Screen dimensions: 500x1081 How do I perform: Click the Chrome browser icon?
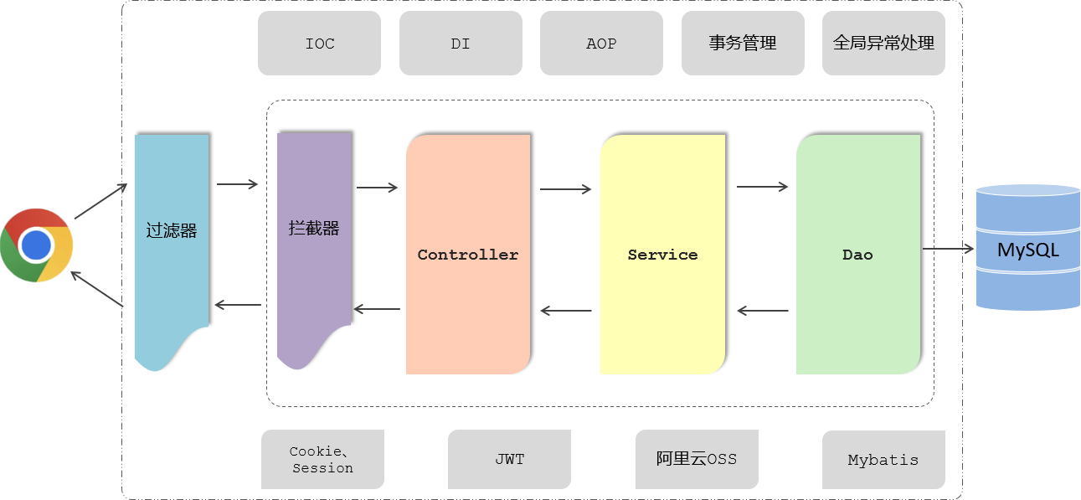tap(36, 245)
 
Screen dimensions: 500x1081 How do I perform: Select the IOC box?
tap(319, 44)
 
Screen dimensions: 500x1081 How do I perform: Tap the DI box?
tap(461, 44)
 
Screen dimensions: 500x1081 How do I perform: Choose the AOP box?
tap(601, 44)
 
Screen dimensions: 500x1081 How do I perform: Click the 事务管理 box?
tap(742, 44)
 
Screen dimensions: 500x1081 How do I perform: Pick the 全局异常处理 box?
tap(883, 44)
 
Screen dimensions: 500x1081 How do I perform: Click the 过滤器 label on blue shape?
tap(172, 230)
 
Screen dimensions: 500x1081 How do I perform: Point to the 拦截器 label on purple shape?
tap(314, 228)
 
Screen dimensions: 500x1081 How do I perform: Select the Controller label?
tap(468, 255)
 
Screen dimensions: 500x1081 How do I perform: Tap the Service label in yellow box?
tap(662, 255)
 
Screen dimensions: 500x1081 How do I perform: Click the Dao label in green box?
tap(857, 255)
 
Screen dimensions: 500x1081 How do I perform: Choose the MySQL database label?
tap(1027, 250)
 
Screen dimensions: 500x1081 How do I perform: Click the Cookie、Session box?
tap(322, 460)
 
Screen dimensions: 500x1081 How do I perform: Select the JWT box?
tap(509, 460)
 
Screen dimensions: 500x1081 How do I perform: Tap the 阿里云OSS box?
tap(697, 459)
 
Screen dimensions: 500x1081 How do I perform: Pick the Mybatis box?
tap(883, 460)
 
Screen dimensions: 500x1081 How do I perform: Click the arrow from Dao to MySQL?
tap(948, 249)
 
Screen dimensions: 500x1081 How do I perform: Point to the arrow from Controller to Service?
tap(565, 189)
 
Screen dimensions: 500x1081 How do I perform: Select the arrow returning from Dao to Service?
tap(763, 312)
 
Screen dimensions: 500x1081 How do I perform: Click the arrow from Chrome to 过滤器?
tap(100, 202)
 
